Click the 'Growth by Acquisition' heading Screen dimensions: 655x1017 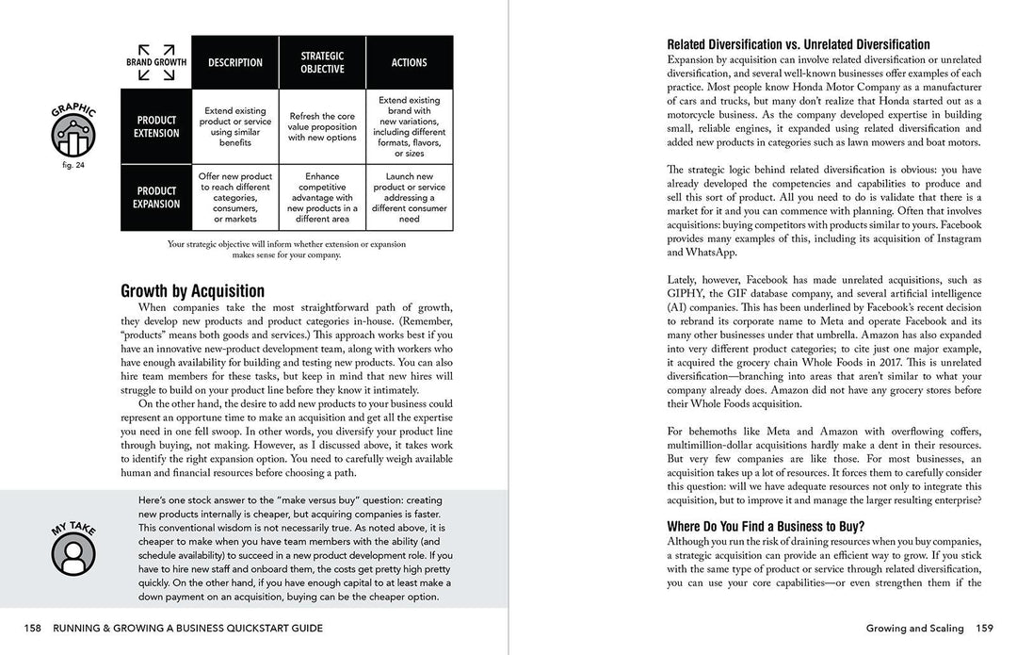coord(193,291)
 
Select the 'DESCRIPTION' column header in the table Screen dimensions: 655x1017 coord(235,63)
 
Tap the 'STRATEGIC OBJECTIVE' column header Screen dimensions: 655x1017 coord(322,63)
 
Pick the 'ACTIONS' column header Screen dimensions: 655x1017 coord(409,63)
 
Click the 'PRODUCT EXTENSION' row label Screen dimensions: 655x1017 coord(156,127)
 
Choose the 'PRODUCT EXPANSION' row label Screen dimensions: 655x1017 coord(156,197)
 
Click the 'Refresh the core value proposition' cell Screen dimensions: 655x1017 coord(322,126)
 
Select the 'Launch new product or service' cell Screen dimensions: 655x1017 coord(409,197)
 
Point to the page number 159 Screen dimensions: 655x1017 coord(984,629)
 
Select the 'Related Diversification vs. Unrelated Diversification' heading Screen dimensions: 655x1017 coord(799,44)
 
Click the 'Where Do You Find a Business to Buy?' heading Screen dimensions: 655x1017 coord(766,527)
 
